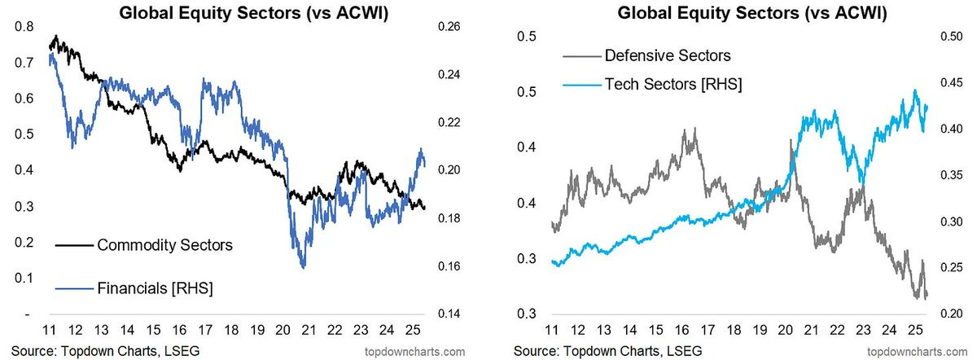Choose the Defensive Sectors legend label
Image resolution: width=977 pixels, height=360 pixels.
coord(668,56)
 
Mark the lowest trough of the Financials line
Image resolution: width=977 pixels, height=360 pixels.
coord(303,267)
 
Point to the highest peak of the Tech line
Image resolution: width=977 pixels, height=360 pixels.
coord(915,90)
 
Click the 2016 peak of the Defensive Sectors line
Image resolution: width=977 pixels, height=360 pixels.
coord(694,129)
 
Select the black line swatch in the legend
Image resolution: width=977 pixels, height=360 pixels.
coord(74,244)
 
